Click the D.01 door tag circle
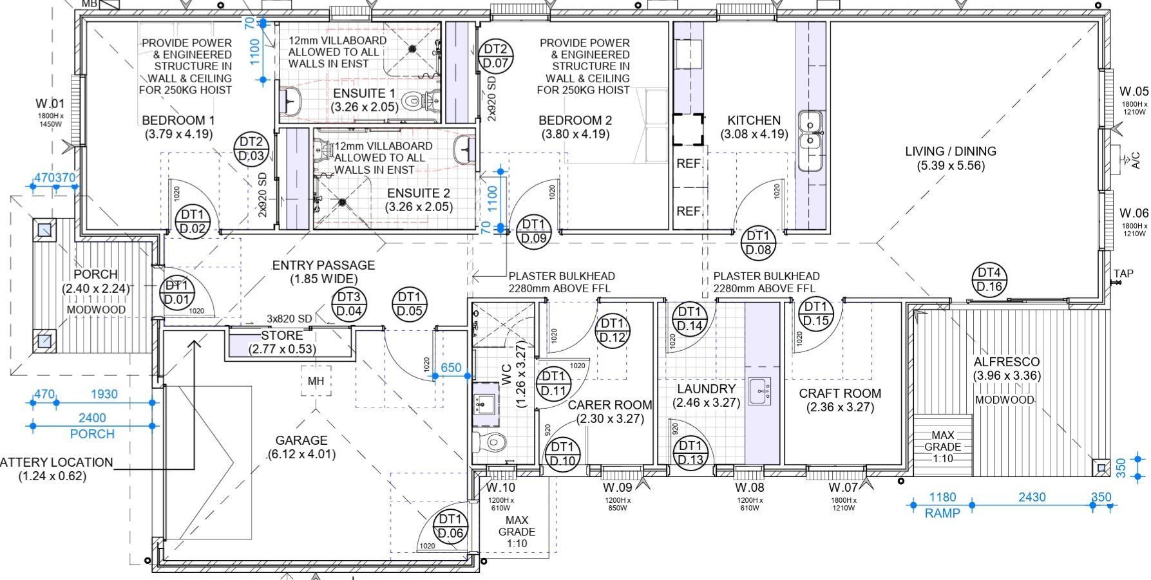click(x=176, y=292)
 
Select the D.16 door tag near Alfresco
click(x=989, y=280)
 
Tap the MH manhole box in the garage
click(x=316, y=381)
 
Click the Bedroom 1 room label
click(x=178, y=120)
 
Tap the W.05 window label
click(x=1134, y=92)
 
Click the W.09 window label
click(x=617, y=488)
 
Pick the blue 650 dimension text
click(x=451, y=368)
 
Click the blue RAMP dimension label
click(x=942, y=513)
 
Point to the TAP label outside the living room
click(x=1123, y=274)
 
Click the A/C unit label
click(x=1135, y=160)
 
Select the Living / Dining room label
click(x=950, y=151)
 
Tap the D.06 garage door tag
click(x=451, y=526)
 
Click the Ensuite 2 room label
click(x=419, y=193)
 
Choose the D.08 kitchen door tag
click(x=758, y=243)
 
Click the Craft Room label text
click(x=840, y=393)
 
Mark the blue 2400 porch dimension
click(x=92, y=418)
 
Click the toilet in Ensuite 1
click(x=412, y=102)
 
